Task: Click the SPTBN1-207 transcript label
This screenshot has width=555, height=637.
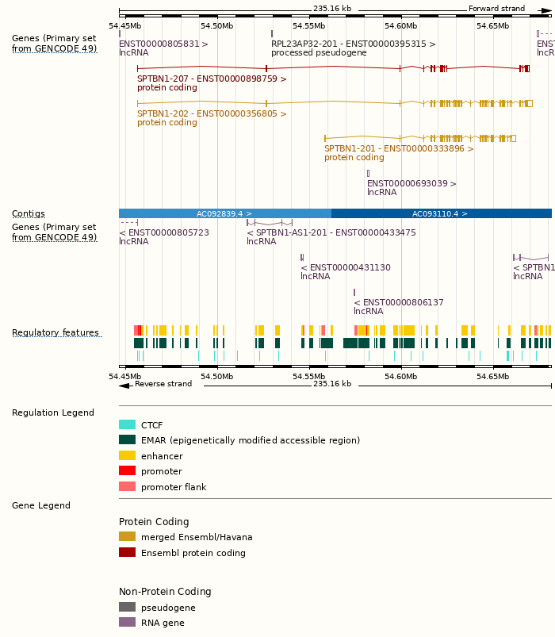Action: pos(212,79)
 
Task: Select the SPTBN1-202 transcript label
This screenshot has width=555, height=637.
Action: pos(212,113)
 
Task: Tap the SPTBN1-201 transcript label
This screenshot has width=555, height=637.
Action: pos(399,148)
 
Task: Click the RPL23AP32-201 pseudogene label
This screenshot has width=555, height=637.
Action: pos(353,44)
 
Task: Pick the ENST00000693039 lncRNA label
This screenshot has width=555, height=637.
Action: pos(411,183)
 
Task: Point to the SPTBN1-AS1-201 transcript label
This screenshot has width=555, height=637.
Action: pos(331,232)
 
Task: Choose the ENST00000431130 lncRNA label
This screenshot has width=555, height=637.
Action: pos(346,267)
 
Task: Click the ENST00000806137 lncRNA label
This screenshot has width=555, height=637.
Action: pos(399,302)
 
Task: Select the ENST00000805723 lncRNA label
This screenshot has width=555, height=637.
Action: pos(164,232)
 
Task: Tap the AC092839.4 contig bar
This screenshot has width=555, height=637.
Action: pos(224,213)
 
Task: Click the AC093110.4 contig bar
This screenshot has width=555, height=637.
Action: pos(441,213)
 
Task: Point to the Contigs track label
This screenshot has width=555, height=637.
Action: pos(29,213)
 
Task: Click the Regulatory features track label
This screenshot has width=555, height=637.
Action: pos(55,332)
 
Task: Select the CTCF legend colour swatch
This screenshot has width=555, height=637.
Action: pos(127,424)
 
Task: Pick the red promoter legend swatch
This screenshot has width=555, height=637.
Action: pos(127,470)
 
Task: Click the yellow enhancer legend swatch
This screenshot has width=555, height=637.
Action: pos(127,455)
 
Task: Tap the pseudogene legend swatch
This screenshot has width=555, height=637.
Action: pos(127,607)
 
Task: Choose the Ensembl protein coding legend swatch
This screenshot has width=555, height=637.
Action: pos(127,552)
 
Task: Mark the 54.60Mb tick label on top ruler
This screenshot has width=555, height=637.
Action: pos(401,25)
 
